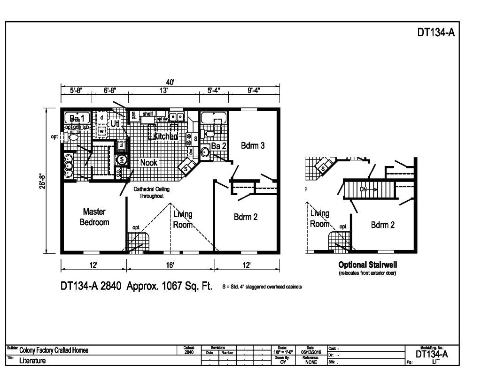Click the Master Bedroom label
pos(94,217)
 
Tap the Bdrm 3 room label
pos(253,145)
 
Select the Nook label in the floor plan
pos(148,162)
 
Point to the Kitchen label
pos(165,136)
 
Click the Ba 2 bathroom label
pos(218,146)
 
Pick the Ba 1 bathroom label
pos(77,117)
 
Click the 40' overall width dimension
pos(170,82)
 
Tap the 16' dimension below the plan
pos(170,265)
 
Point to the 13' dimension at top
pos(163,91)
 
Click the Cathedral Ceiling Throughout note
pos(151,192)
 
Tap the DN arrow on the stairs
pos(368,189)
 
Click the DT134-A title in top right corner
pos(436,33)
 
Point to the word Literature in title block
pos(32,361)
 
